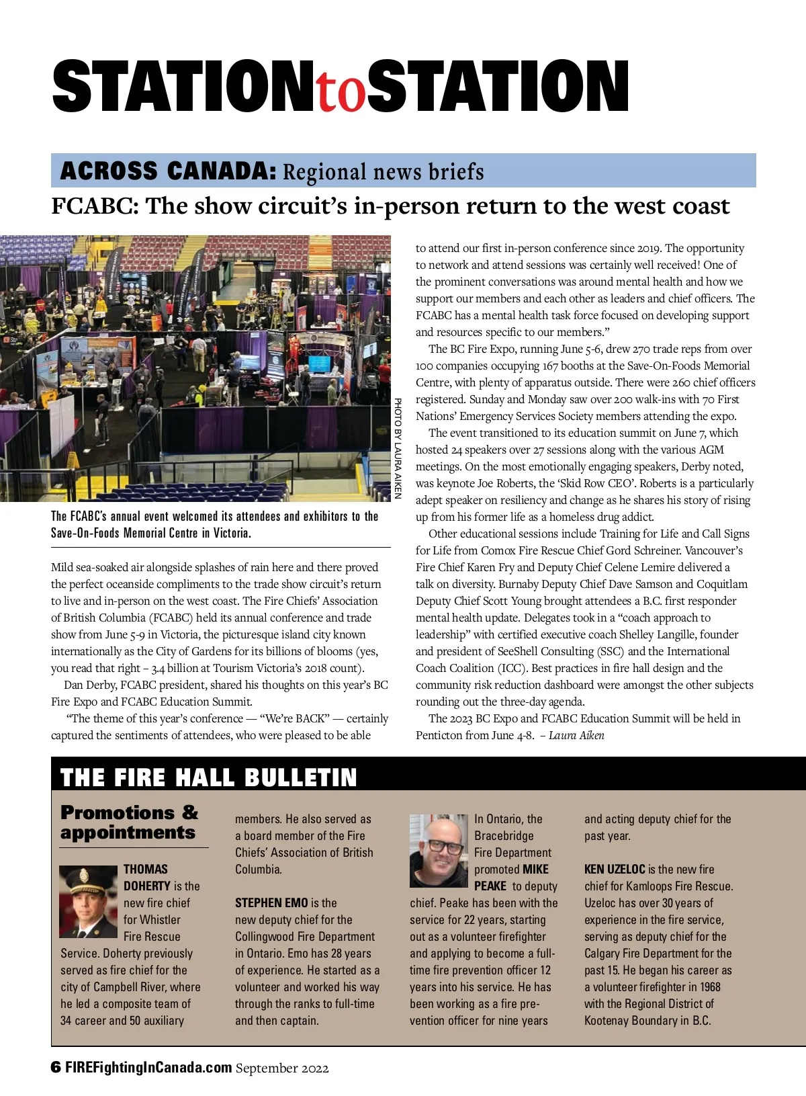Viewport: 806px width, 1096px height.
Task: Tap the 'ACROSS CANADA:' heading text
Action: pos(168,171)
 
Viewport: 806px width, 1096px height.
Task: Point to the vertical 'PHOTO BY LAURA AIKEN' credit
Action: pos(398,448)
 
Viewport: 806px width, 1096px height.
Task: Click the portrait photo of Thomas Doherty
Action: pos(88,901)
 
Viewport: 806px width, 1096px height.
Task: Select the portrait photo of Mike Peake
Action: pos(439,851)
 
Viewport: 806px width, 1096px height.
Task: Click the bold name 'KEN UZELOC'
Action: pos(615,869)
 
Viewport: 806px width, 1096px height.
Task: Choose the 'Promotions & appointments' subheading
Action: pos(130,823)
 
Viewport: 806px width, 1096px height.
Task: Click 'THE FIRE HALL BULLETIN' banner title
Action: pos(208,777)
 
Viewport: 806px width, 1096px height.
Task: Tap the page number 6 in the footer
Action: pos(56,1068)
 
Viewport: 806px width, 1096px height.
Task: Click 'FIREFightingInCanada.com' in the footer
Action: pos(148,1068)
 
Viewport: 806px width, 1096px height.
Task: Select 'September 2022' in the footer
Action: pos(282,1068)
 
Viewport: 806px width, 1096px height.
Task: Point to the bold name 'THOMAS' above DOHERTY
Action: pos(146,869)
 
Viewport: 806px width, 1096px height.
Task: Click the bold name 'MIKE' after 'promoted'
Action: pos(535,869)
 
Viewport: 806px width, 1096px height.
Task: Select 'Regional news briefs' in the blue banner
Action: pos(383,172)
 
